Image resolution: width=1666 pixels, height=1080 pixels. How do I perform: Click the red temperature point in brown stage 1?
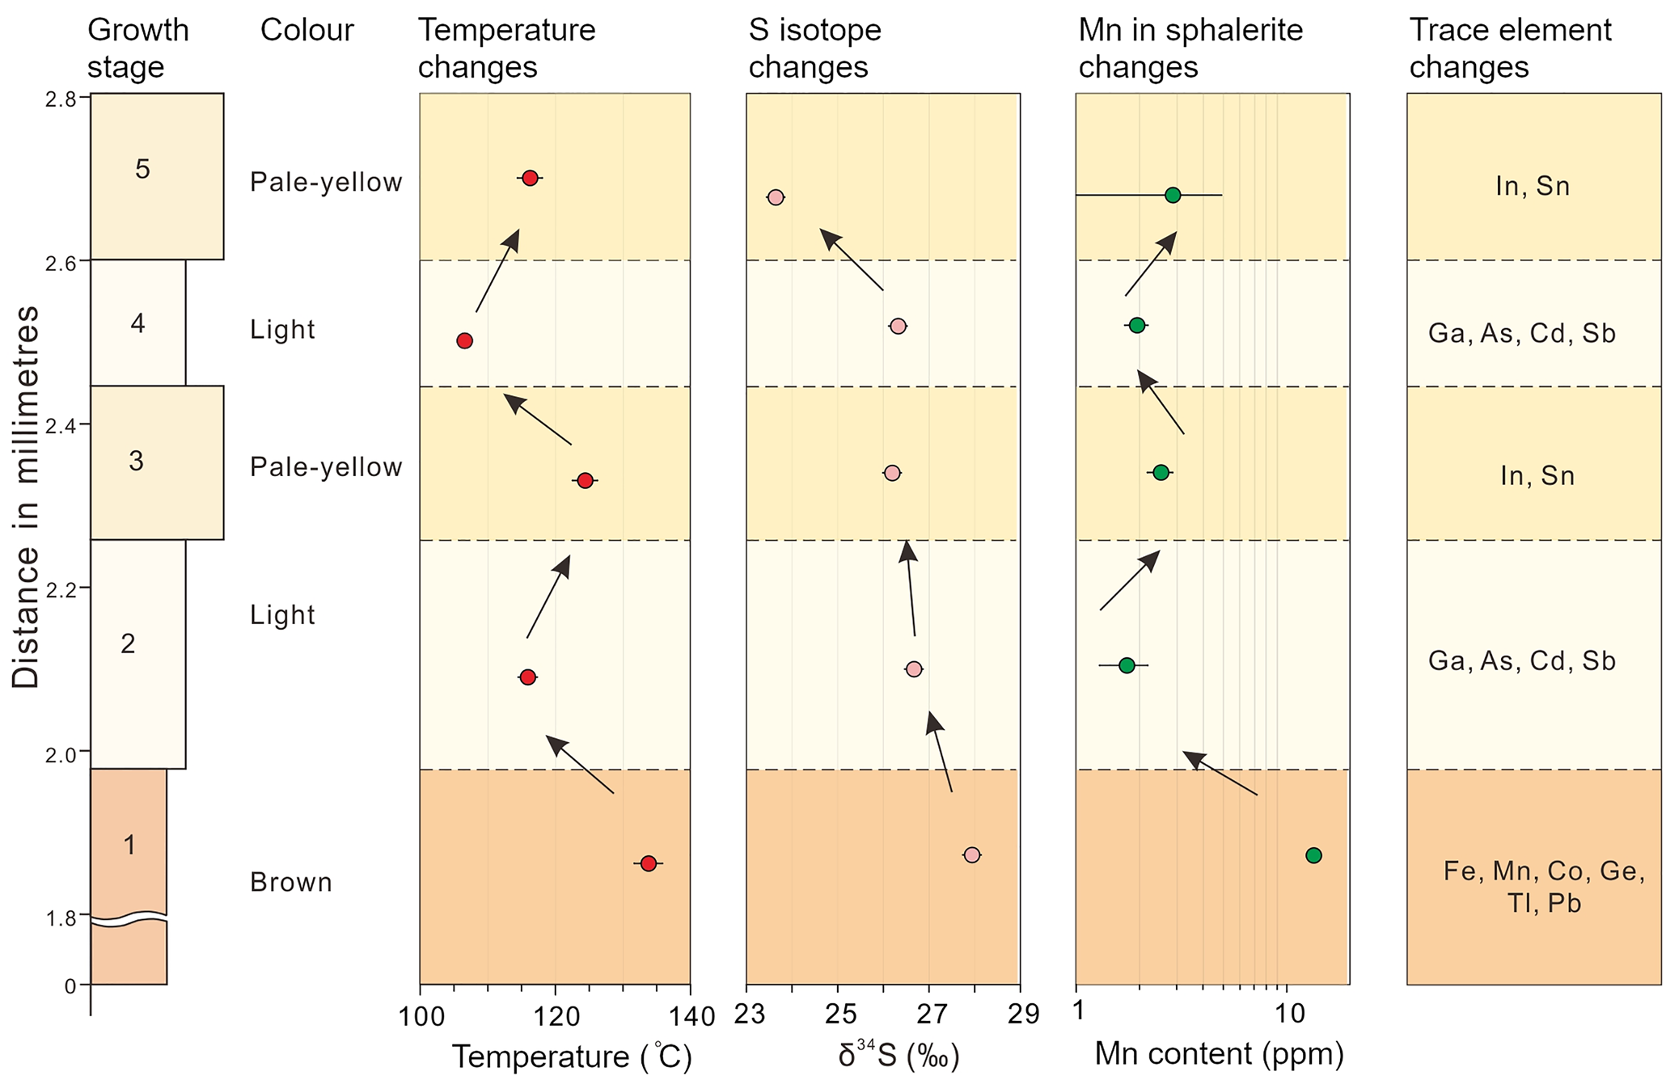[648, 863]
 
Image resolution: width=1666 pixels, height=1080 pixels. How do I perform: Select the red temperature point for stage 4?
[464, 340]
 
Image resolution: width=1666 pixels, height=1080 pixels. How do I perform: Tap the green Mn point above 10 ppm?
[1313, 855]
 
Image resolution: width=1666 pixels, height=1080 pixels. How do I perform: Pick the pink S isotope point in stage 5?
[775, 197]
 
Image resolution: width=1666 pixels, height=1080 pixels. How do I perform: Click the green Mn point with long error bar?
[1173, 195]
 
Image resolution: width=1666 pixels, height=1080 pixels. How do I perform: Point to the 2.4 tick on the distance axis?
[83, 424]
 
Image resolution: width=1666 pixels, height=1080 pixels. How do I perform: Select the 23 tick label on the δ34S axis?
[749, 1014]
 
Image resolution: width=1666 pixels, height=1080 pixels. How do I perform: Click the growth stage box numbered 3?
[156, 462]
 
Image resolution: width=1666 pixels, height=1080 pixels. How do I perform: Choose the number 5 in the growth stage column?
[142, 169]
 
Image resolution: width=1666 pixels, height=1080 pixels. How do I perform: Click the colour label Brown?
[291, 882]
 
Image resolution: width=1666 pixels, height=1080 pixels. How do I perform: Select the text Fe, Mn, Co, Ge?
[1544, 871]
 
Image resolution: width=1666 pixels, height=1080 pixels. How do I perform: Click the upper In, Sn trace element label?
[1533, 187]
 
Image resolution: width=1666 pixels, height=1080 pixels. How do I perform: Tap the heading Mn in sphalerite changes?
[1190, 49]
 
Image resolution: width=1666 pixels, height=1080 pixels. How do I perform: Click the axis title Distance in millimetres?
[26, 496]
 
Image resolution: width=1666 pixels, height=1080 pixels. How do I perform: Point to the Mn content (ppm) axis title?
[1219, 1054]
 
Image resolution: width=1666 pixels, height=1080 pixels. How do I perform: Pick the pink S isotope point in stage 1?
[971, 854]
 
